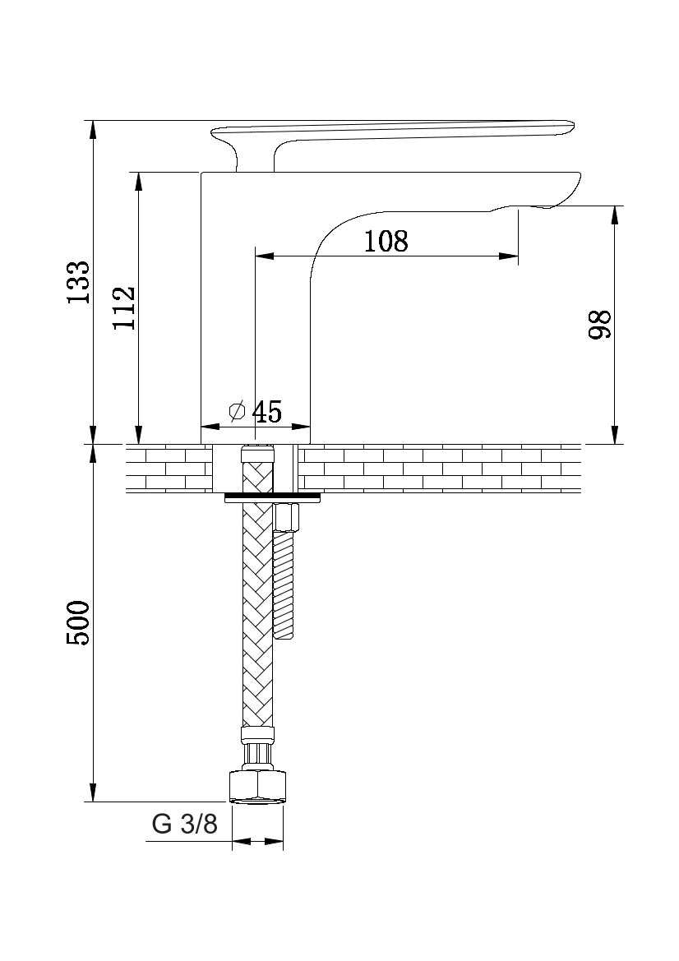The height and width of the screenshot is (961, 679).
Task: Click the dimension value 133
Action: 79,282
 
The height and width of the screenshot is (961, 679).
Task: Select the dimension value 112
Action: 124,307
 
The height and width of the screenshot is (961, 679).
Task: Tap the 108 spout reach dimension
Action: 386,242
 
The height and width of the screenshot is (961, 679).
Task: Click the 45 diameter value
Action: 267,412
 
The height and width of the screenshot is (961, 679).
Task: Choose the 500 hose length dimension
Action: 79,622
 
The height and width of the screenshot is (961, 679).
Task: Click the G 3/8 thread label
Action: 184,825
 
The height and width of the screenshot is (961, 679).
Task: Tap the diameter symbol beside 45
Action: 238,411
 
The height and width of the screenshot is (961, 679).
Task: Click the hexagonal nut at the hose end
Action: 257,787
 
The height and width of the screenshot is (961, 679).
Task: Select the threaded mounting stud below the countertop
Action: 285,597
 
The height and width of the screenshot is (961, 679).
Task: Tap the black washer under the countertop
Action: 272,495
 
